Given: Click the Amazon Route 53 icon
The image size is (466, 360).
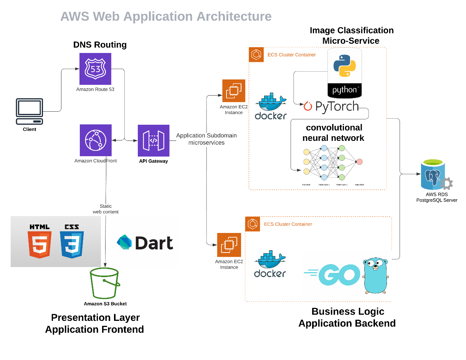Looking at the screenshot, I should pyautogui.click(x=95, y=69).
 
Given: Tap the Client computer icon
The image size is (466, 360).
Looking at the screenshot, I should pyautogui.click(x=29, y=111).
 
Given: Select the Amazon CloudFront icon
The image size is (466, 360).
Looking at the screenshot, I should pyautogui.click(x=95, y=140).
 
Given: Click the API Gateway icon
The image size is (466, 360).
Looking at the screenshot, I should pyautogui.click(x=154, y=140).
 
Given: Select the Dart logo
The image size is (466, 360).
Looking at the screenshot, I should pyautogui.click(x=145, y=243).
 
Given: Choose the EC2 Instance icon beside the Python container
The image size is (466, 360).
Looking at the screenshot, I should pyautogui.click(x=234, y=91).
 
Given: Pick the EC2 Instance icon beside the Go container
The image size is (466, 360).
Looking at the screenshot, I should pyautogui.click(x=229, y=244).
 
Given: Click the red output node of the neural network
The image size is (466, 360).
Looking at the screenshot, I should pyautogui.click(x=359, y=162).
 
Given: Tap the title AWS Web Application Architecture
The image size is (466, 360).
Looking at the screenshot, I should pyautogui.click(x=166, y=17).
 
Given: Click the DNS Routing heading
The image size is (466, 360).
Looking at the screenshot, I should pyautogui.click(x=100, y=45).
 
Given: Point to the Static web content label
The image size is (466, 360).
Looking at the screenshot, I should pyautogui.click(x=106, y=209).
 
